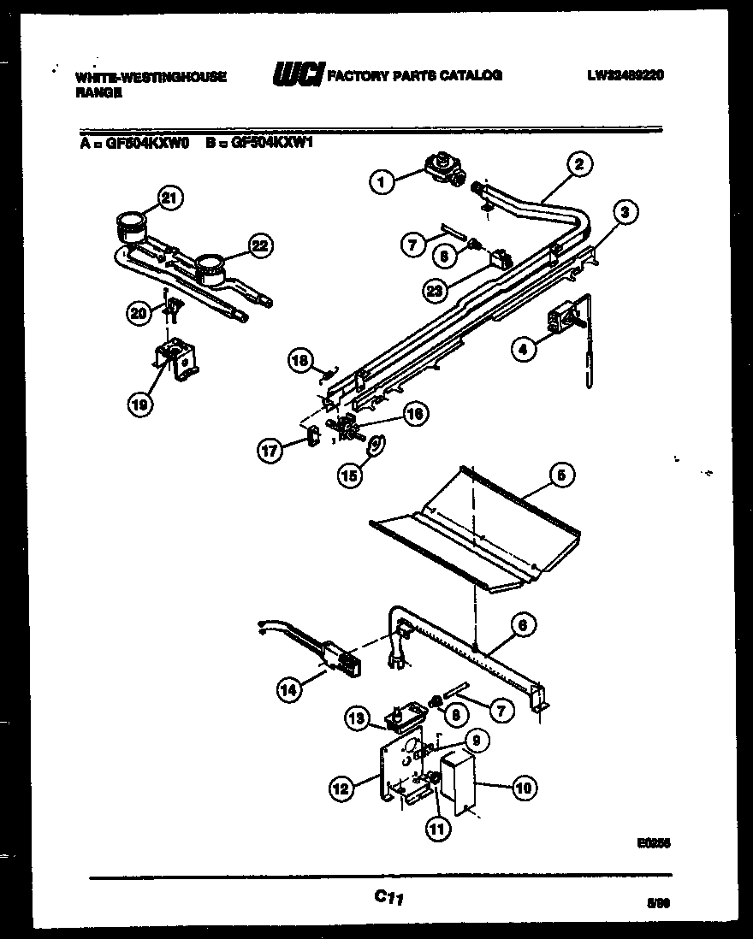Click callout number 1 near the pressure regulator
(382, 180)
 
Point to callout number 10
(524, 788)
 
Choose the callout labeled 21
(169, 199)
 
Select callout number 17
(271, 452)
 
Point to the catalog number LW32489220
(626, 75)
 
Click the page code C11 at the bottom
(388, 898)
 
